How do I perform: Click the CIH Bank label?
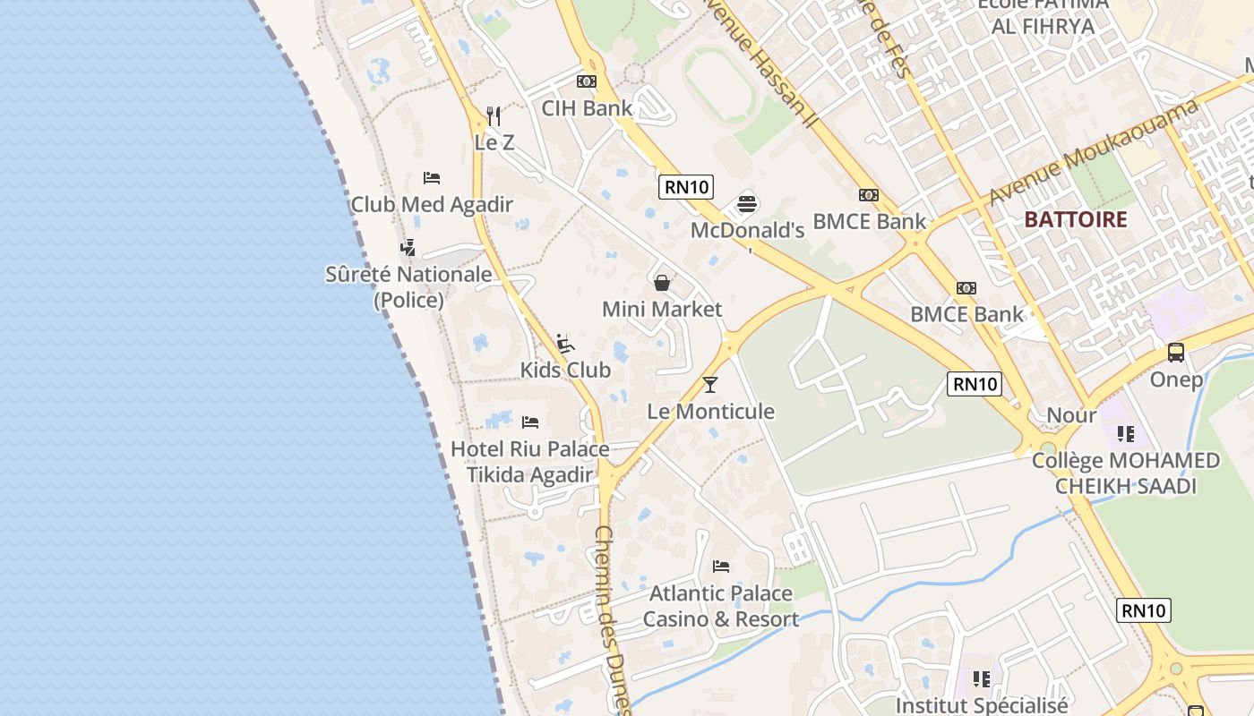(587, 108)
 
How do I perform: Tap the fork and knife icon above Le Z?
(494, 115)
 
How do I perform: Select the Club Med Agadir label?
(432, 204)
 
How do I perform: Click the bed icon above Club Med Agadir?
(432, 178)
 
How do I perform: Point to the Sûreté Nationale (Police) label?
(408, 286)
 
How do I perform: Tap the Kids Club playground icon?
(565, 344)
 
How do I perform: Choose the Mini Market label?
(662, 310)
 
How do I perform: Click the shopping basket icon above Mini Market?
(662, 284)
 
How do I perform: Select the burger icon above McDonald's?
(748, 204)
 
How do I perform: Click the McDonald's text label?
(748, 231)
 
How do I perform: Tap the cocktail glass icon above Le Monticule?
(710, 385)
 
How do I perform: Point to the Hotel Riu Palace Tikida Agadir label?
(530, 462)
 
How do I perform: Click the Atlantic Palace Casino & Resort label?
(721, 606)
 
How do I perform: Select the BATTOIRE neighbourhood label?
(1076, 220)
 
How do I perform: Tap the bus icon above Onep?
(1176, 353)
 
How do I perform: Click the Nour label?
(1071, 415)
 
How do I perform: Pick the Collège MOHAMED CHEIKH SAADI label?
(1126, 473)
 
